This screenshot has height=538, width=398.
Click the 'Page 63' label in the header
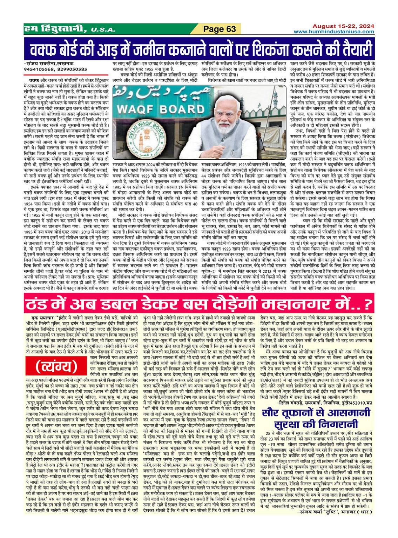(x=220, y=29)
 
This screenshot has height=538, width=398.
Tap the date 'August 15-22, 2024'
(x=339, y=26)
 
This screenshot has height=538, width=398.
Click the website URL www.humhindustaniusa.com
(x=334, y=32)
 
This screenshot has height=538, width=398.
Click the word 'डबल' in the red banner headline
(x=128, y=304)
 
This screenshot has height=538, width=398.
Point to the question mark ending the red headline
(x=367, y=304)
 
